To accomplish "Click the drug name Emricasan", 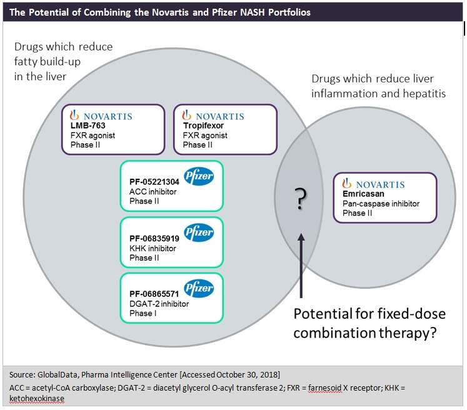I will [x=362, y=194].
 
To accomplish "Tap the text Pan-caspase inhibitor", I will [x=380, y=204].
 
